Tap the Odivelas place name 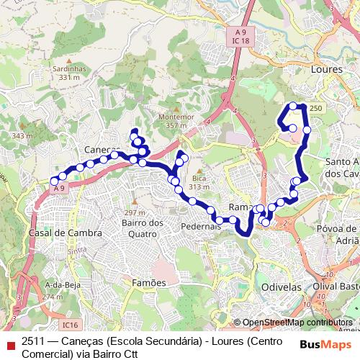tap(278, 286)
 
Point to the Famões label tap(148, 283)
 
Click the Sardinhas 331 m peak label tap(69, 73)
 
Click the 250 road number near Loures tap(317, 107)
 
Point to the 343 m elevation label tap(22, 135)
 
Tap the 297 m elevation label tap(135, 212)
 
